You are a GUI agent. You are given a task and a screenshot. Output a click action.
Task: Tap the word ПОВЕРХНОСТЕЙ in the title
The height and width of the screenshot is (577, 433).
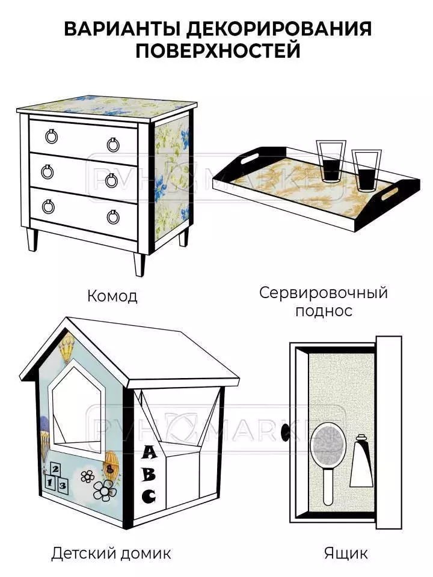(216, 50)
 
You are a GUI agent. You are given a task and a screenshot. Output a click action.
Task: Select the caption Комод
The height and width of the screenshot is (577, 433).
(112, 296)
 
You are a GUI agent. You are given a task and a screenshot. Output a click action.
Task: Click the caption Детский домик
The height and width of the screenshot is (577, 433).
(111, 552)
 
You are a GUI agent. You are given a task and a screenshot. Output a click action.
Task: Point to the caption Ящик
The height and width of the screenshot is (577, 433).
(346, 552)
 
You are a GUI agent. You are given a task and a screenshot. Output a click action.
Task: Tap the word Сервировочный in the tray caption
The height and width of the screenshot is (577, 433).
(324, 293)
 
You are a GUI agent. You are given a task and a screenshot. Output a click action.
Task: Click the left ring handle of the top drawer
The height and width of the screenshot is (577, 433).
(51, 136)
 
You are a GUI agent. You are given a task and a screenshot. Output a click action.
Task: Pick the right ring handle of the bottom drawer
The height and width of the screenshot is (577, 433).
(113, 216)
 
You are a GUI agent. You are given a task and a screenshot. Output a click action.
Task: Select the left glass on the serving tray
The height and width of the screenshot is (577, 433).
(330, 160)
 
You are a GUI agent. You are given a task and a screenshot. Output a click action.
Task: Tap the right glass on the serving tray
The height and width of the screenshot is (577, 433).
(364, 171)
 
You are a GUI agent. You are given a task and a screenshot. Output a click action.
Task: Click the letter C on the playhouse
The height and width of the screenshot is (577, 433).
(148, 496)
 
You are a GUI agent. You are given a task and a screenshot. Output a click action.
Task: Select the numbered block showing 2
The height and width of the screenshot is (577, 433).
(55, 469)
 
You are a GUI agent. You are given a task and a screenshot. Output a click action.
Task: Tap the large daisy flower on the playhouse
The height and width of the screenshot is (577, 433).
(105, 492)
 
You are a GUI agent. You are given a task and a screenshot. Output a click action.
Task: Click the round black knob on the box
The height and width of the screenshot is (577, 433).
(286, 432)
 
